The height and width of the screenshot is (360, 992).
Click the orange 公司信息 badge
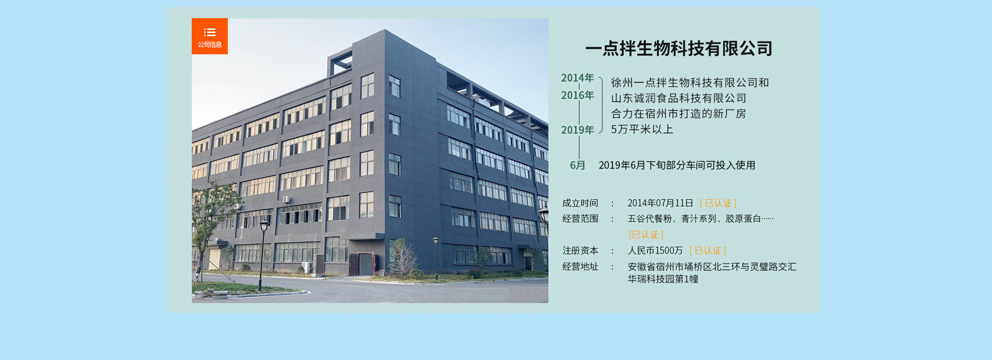point(210,36)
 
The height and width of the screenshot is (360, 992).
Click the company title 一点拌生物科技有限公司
point(679,49)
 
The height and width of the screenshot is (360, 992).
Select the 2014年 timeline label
point(578,78)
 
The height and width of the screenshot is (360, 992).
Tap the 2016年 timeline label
point(578,96)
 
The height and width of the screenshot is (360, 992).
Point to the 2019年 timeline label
point(578,130)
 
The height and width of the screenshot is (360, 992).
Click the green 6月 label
point(578,165)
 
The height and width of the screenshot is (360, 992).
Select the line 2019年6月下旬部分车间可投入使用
point(677,165)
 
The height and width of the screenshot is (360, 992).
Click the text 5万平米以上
point(642,129)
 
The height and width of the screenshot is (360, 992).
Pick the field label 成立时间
point(580,203)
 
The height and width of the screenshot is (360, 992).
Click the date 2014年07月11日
point(660,203)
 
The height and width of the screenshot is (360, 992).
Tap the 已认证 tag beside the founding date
point(718,203)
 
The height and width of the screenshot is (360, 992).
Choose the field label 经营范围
point(580,218)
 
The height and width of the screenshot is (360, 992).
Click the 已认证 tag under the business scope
point(646,234)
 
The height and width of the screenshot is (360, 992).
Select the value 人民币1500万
point(655,251)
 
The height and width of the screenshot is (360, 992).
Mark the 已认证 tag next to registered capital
point(708,251)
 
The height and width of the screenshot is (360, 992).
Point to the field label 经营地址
point(580,267)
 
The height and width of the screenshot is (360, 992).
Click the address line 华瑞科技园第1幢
point(663,279)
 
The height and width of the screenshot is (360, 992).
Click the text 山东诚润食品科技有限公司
point(679,98)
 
